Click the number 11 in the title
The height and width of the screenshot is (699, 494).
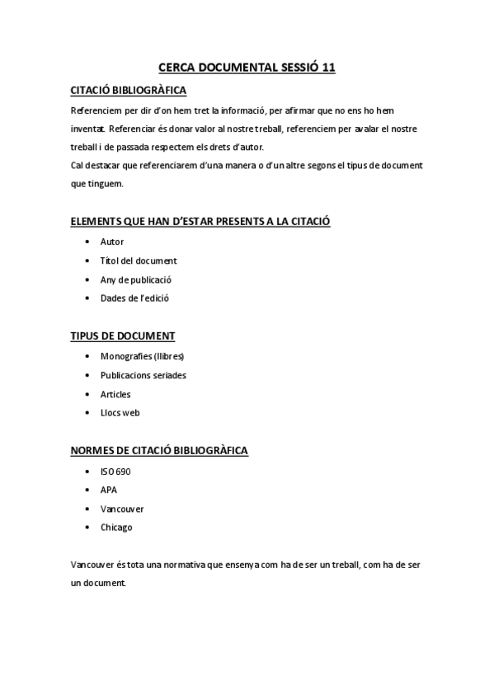tap(327, 68)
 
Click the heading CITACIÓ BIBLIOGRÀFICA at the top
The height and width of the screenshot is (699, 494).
tap(129, 90)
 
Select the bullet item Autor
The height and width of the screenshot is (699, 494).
tap(112, 242)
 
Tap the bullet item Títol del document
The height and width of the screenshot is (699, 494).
tap(139, 260)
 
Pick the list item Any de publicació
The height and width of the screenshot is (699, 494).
tap(136, 279)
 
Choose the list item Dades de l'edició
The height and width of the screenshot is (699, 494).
tap(134, 298)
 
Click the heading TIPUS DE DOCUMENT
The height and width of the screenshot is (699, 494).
tap(122, 335)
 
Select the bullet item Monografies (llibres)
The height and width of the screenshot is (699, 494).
tap(142, 356)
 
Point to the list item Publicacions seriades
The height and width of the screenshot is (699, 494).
tap(143, 375)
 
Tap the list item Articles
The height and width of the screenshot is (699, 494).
tap(115, 394)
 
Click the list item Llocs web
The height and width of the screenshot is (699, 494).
tap(120, 413)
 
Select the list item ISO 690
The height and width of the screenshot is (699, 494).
tap(115, 471)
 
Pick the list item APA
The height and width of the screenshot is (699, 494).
tap(109, 490)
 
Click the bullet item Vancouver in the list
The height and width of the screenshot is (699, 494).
tap(122, 509)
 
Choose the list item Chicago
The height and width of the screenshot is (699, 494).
tap(116, 528)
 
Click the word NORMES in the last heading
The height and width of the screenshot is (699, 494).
tap(92, 451)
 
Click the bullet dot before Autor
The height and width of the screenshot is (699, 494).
tap(87, 242)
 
